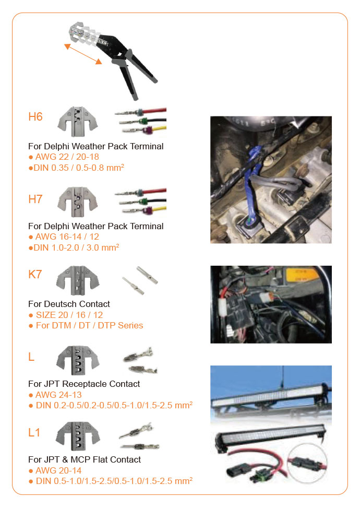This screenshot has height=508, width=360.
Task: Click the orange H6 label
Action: click(x=35, y=116)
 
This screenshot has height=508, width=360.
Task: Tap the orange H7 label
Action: click(x=35, y=199)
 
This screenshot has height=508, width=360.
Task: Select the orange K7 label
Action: click(x=35, y=274)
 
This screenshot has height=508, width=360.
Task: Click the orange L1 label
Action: click(x=34, y=432)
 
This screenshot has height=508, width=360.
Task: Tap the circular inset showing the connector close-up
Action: click(x=305, y=464)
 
